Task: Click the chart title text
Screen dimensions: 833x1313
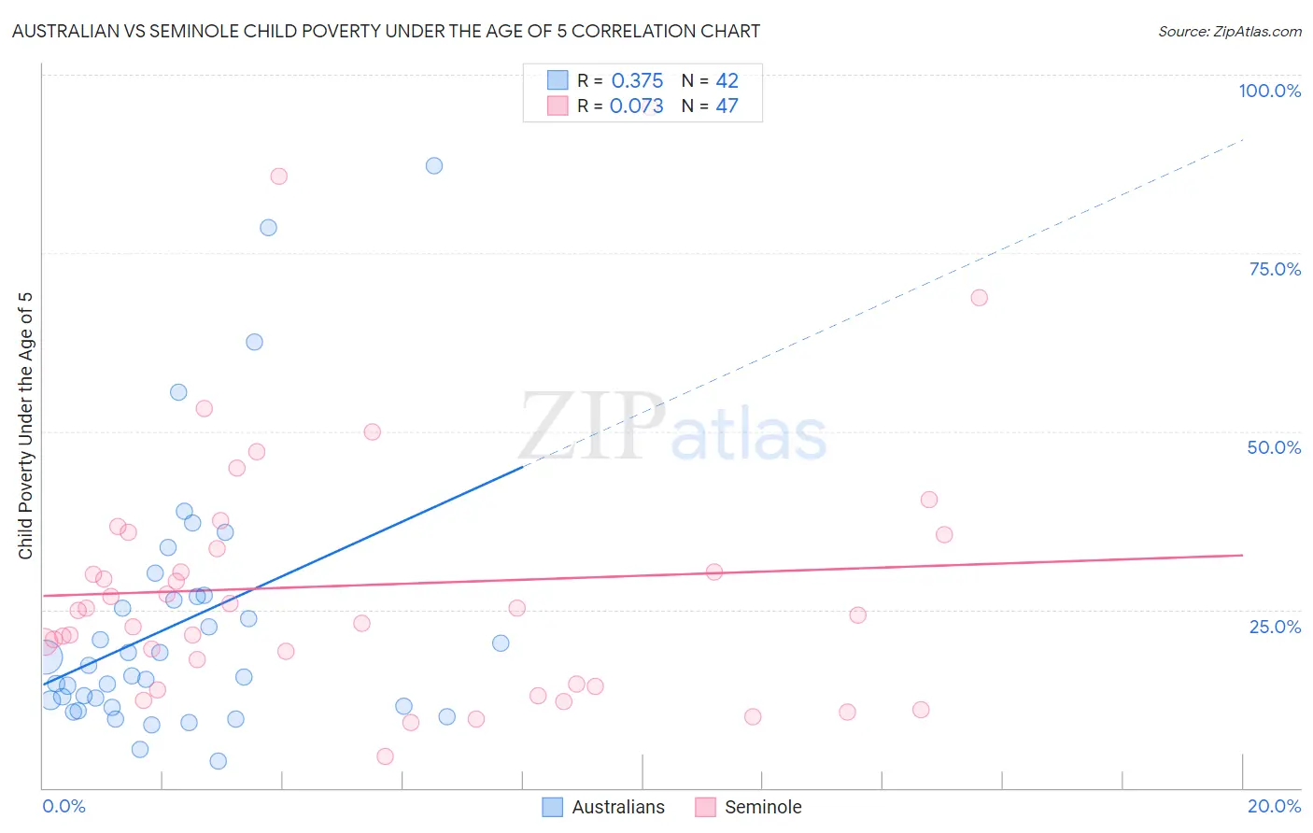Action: point(386,31)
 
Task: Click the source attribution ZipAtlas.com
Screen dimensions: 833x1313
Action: point(1229,31)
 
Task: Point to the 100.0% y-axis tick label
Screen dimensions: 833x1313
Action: point(1269,91)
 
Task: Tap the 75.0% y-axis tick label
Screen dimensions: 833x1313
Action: point(1275,269)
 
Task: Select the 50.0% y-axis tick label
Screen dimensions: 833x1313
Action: point(1274,447)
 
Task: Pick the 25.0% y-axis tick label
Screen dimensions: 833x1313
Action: point(1275,627)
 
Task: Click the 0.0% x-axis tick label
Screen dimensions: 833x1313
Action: point(64,806)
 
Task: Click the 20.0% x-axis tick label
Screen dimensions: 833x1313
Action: point(1274,806)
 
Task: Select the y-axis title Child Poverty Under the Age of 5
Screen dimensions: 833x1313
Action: point(25,426)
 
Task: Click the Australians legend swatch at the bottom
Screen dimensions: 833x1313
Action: point(553,807)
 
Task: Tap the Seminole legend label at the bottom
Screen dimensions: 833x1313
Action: point(763,807)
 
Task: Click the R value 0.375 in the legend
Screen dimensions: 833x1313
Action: point(637,80)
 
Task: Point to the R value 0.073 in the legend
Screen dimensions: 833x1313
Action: point(636,106)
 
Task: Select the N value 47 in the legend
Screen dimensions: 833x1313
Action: point(727,106)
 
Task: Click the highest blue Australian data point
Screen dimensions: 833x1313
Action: point(434,165)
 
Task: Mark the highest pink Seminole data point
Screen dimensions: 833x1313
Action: point(278,176)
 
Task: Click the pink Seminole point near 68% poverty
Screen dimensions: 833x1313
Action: point(979,298)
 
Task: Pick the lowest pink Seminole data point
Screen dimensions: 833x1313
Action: point(385,756)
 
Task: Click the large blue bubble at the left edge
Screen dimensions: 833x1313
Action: point(45,657)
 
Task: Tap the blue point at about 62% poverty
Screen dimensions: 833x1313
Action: point(254,342)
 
